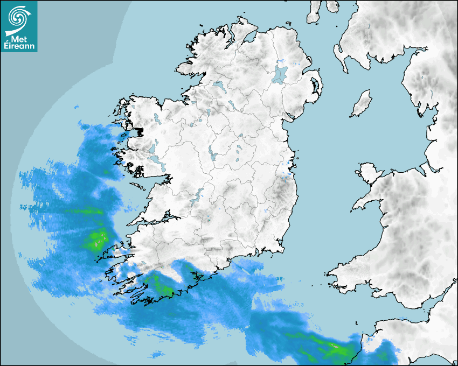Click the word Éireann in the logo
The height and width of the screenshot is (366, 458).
tap(20, 46)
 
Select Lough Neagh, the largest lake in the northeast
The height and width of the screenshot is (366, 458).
tap(280, 74)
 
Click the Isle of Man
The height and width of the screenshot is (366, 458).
tap(362, 104)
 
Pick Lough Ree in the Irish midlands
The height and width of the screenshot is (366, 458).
tap(212, 154)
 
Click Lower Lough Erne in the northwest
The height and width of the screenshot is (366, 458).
tap(219, 86)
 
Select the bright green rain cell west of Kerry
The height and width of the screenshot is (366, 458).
tap(98, 239)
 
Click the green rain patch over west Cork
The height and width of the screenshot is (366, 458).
tap(161, 285)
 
